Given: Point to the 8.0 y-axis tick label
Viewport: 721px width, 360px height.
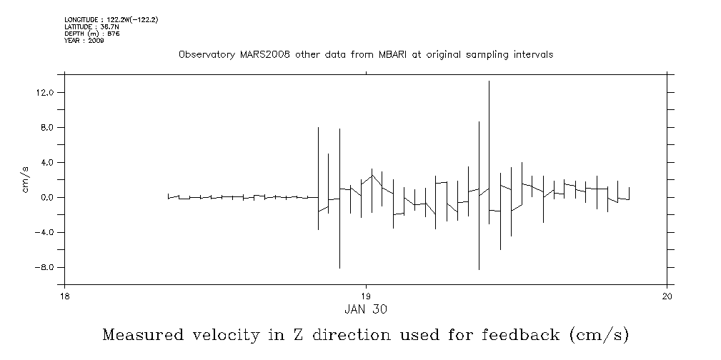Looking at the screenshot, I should coord(47,128).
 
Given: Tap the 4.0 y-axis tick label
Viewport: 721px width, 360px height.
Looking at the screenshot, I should coord(47,163).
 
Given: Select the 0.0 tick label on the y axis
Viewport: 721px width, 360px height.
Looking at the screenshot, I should coord(47,198).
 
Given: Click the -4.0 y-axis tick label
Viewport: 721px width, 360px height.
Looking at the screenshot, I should coord(45,233).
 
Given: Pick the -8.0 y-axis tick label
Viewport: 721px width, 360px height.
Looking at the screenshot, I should coord(45,268).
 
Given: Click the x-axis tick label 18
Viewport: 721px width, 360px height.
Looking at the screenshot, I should coord(64,297).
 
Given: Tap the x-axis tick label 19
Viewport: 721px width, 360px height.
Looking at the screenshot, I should coord(366,297).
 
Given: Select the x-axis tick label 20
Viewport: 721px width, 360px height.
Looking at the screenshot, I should coord(667,297).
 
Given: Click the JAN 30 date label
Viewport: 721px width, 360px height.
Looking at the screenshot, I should coord(366,309).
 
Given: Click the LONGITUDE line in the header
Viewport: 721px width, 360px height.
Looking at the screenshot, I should coord(111,20).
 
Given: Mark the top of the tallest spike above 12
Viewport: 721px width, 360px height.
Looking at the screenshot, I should coord(489,81).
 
